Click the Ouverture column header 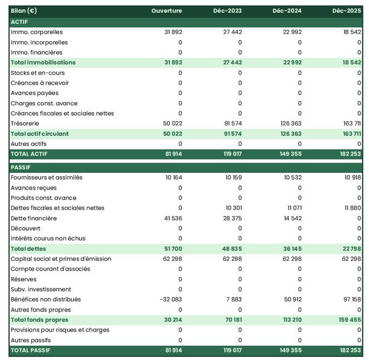pos(166,11)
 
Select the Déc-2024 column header pos(287,11)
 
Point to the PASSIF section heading pos(22,167)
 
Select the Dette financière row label pos(34,218)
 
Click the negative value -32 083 pos(169,299)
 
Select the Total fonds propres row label pos(39,319)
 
